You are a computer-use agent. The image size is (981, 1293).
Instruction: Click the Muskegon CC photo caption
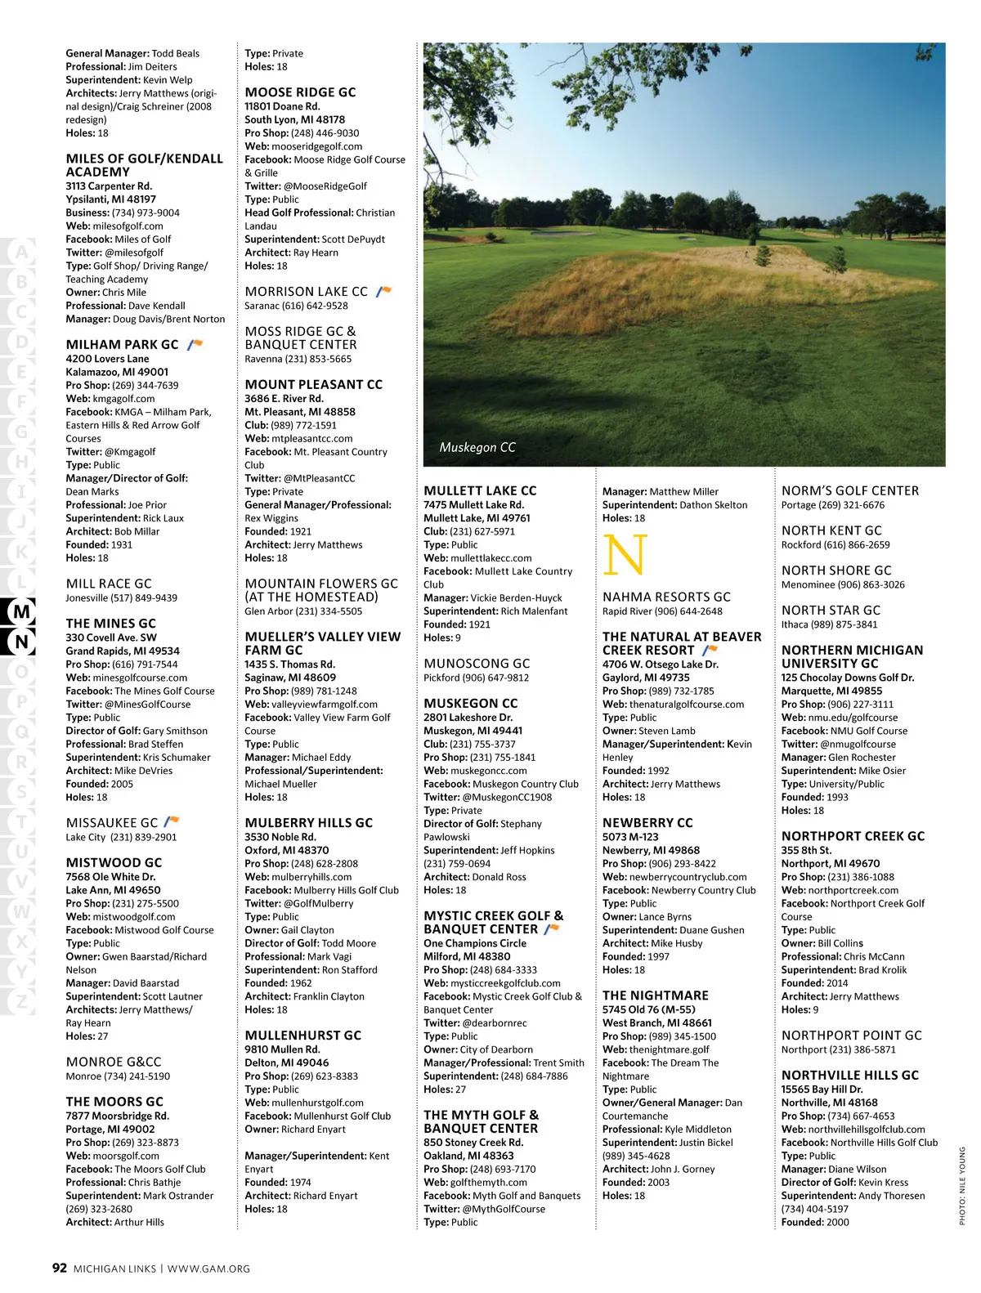coord(477,447)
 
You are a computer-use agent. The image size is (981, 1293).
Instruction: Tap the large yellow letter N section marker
coord(625,555)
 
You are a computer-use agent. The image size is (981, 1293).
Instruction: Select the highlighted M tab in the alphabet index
coord(22,611)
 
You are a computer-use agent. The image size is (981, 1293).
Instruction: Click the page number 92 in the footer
coord(59,1268)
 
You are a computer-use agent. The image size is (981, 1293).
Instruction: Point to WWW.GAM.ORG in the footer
coord(208,1268)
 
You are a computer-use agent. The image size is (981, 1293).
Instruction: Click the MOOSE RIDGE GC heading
coord(300,92)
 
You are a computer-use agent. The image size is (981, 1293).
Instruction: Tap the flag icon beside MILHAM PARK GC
coord(195,344)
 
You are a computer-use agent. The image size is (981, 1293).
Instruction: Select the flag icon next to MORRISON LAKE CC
coord(383,291)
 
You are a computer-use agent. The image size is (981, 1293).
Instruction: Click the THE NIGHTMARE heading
coord(655,995)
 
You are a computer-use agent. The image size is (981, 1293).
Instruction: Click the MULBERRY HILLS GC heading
coord(308,823)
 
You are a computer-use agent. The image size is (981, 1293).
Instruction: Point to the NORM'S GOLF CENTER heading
coord(849,490)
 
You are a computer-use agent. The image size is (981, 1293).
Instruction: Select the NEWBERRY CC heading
coord(647,823)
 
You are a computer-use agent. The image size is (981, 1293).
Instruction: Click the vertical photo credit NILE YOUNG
coord(961,1185)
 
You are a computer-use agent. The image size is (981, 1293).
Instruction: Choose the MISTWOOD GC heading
coord(114,862)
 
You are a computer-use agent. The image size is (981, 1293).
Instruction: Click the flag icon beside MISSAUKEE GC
coord(171,821)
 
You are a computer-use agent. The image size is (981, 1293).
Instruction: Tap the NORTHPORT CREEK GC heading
coord(853,836)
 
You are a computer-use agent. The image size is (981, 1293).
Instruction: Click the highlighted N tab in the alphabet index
coord(22,642)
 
